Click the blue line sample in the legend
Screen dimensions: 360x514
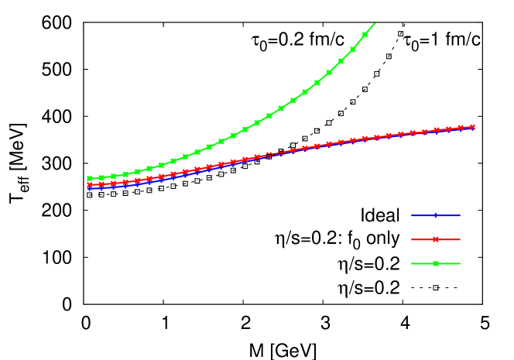coord(435,215)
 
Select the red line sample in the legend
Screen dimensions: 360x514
coord(435,239)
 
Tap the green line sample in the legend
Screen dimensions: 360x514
coord(435,263)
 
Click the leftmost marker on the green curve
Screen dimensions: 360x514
coord(89,179)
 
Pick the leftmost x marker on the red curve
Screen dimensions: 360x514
coord(89,185)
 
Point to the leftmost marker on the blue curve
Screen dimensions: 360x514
coord(89,188)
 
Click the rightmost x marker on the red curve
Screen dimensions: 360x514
coord(472,126)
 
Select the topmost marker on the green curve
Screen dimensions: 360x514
coord(365,35)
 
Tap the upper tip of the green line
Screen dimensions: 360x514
coord(375,23)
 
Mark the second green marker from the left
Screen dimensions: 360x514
coord(101,177)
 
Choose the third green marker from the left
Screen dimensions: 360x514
coord(113,176)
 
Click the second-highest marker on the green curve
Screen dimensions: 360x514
coord(353,48)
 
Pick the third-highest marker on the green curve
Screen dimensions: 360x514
coord(341,60)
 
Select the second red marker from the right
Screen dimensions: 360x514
coord(461,128)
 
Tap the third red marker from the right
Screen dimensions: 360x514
coord(448,129)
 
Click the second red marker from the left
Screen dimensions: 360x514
coord(101,184)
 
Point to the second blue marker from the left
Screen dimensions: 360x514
coord(101,187)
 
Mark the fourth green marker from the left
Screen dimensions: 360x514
coord(125,173)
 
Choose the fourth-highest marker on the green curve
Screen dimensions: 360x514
coord(329,72)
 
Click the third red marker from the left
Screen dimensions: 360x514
coord(113,183)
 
